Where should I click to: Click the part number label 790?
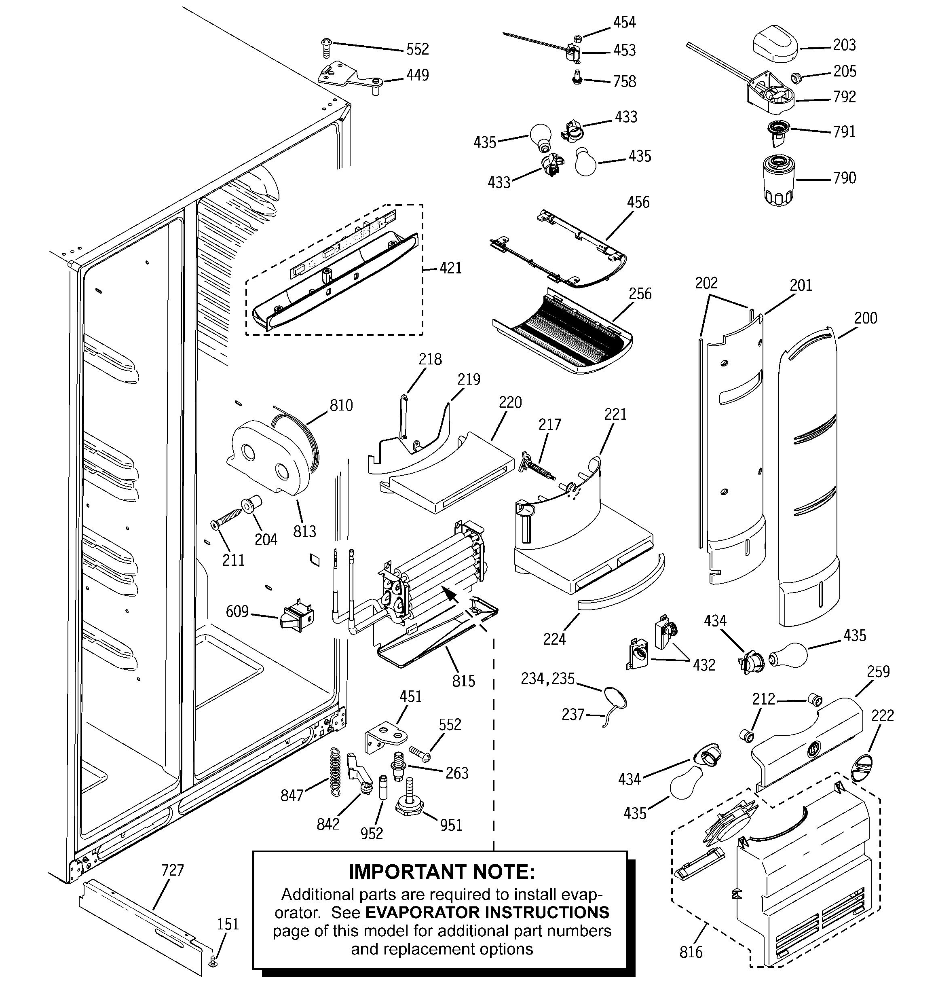coord(844,178)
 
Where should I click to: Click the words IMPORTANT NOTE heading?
coord(442,872)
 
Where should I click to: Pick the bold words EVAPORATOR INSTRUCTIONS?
coord(487,912)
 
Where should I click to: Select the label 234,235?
coord(547,679)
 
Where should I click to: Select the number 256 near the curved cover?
coord(640,294)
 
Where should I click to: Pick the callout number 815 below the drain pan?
coord(463,681)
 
